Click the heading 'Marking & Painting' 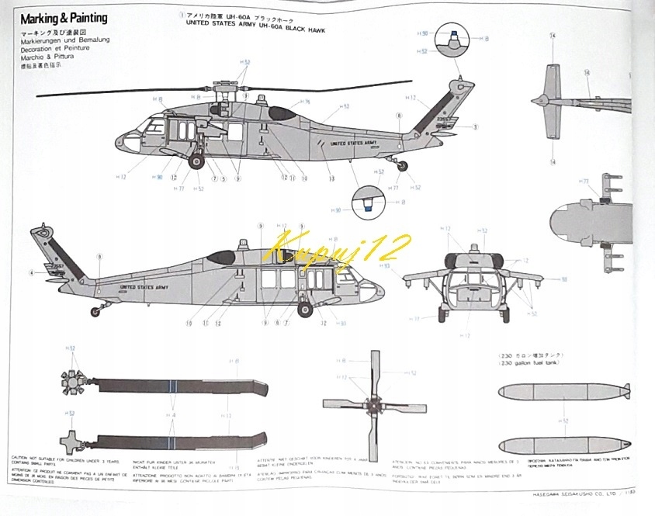(63, 18)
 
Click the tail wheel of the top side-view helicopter (401, 164)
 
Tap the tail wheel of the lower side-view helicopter (95, 312)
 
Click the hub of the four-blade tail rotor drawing (374, 404)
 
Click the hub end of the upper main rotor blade (72, 379)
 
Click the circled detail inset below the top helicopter (366, 204)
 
